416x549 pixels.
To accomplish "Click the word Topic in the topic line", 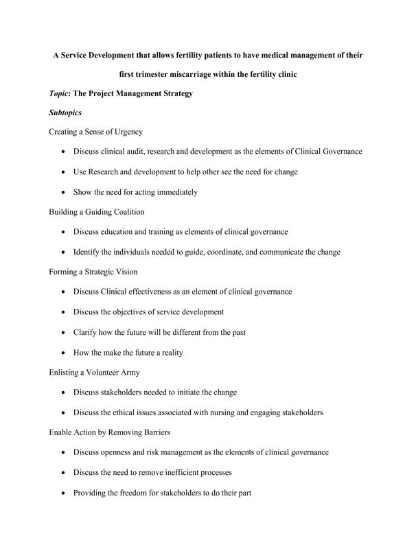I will click(x=60, y=93).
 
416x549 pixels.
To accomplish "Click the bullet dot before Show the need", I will click(x=63, y=193).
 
